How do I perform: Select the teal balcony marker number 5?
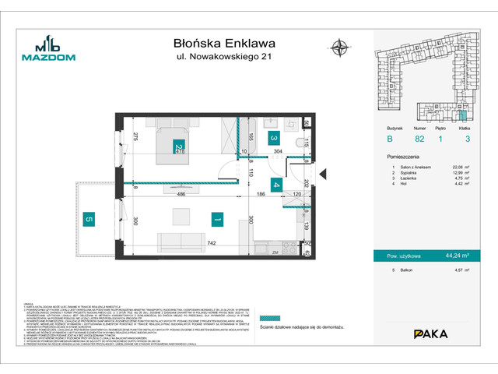(x=89, y=219)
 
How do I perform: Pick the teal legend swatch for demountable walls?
(x=268, y=318)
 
